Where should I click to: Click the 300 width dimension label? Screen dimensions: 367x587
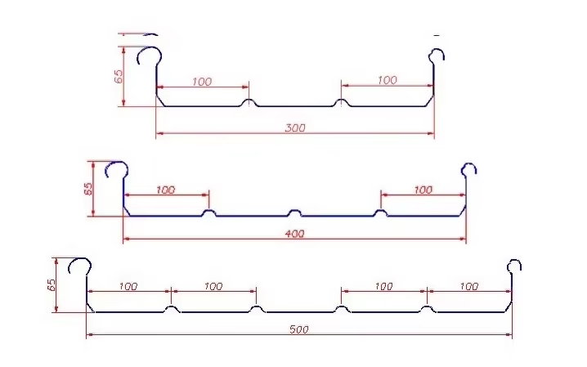coord(296,128)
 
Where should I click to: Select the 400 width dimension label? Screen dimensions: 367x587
coord(296,234)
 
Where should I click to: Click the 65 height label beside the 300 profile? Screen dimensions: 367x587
coord(119,76)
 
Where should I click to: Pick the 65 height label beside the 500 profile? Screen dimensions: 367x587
coord(51,285)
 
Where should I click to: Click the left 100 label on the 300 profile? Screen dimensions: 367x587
coord(201,81)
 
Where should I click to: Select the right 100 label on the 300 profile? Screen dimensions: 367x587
coord(387,80)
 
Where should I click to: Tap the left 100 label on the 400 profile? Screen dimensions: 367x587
coord(164,190)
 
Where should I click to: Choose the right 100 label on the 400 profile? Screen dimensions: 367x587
coord(423,190)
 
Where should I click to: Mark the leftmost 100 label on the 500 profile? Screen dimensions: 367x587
coord(128,286)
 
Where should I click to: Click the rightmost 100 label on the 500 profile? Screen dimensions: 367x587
coord(468,286)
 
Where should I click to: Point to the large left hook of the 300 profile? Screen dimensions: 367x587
coord(149,57)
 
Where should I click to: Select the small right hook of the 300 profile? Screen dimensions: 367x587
coord(438,56)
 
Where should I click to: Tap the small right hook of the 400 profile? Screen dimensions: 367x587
coord(468,169)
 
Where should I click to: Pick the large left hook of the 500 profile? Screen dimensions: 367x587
coord(79,266)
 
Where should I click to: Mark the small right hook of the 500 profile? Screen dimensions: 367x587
coord(513,266)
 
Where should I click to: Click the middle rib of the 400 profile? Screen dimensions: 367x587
coord(295,213)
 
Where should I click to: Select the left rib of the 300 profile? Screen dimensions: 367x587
coord(249,103)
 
